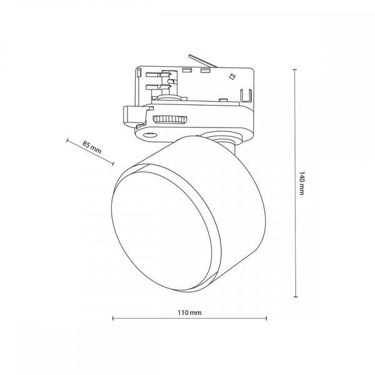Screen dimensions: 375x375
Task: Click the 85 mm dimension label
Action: click(x=92, y=147)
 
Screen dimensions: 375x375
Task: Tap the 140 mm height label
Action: click(x=302, y=183)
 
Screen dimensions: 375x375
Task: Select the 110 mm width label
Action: click(x=189, y=312)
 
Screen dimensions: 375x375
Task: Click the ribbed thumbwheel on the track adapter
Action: click(x=170, y=119)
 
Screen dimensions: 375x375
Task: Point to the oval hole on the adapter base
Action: click(x=150, y=135)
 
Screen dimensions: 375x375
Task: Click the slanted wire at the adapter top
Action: click(x=202, y=61)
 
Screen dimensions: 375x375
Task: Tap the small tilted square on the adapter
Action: click(x=232, y=76)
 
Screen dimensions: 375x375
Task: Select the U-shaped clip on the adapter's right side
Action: click(x=246, y=95)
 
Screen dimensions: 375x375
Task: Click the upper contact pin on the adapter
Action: click(x=154, y=74)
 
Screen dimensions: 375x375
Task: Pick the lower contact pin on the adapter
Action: click(x=154, y=87)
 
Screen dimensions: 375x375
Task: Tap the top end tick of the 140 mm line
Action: click(x=295, y=69)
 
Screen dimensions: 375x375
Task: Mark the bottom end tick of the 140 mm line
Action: click(x=296, y=297)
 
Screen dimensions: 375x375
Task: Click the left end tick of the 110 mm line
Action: click(x=113, y=318)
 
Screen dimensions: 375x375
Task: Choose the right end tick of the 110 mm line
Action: click(x=266, y=318)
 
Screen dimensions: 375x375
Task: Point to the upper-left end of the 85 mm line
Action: click(x=67, y=141)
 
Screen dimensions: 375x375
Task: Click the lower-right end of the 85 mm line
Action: click(x=113, y=164)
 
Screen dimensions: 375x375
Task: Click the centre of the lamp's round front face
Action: click(x=162, y=231)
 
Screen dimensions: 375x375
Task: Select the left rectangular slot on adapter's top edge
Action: click(x=186, y=70)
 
